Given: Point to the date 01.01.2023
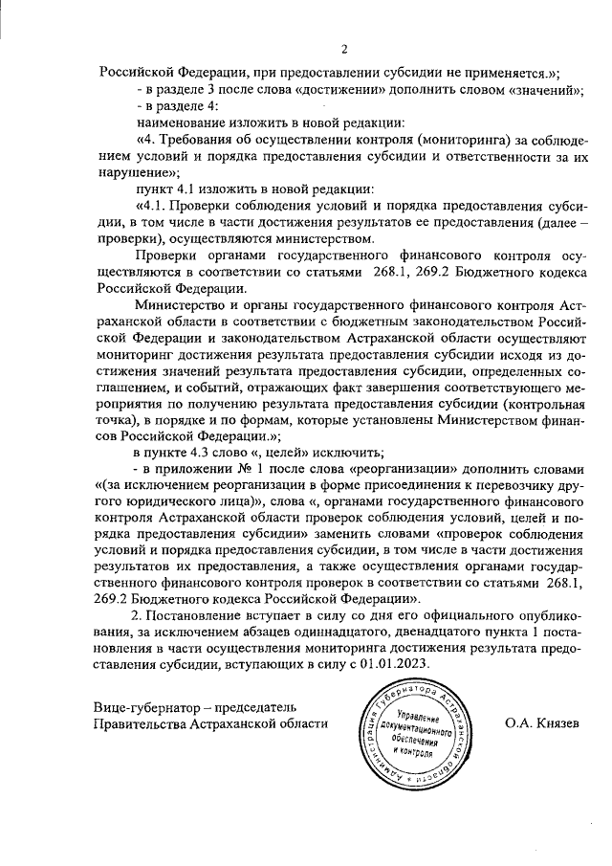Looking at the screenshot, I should pyautogui.click(x=396, y=663).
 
